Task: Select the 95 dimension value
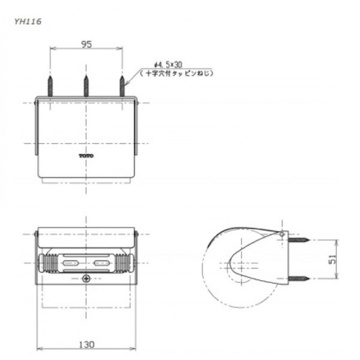pyautogui.click(x=86, y=44)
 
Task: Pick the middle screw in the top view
pyautogui.click(x=86, y=85)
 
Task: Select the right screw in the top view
pyautogui.click(x=123, y=85)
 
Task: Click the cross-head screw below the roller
pyautogui.click(x=86, y=278)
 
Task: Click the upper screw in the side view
pyautogui.click(x=298, y=240)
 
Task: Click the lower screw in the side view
pyautogui.click(x=298, y=277)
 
